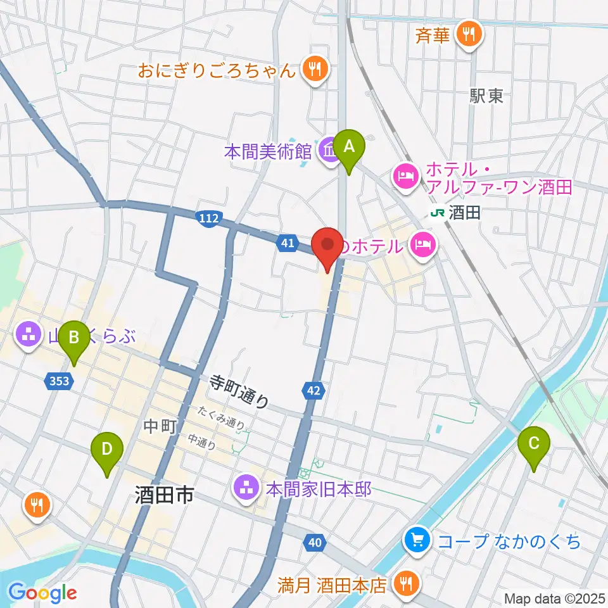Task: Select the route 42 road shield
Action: [313, 391]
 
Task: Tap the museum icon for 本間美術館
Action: [329, 152]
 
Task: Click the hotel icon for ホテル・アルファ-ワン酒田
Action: [406, 176]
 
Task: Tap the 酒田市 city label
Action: [164, 495]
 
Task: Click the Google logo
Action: [42, 593]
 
